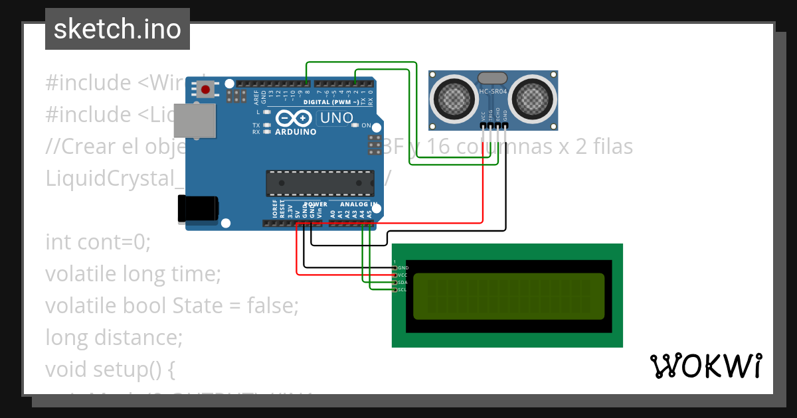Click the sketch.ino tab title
[x=117, y=29]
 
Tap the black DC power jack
[x=197, y=208]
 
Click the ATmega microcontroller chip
[x=320, y=182]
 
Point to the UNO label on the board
[x=336, y=118]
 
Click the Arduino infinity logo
[x=293, y=118]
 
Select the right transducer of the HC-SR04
[x=535, y=98]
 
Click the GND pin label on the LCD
[x=403, y=267]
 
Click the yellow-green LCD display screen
[x=509, y=296]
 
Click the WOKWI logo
[x=705, y=366]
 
